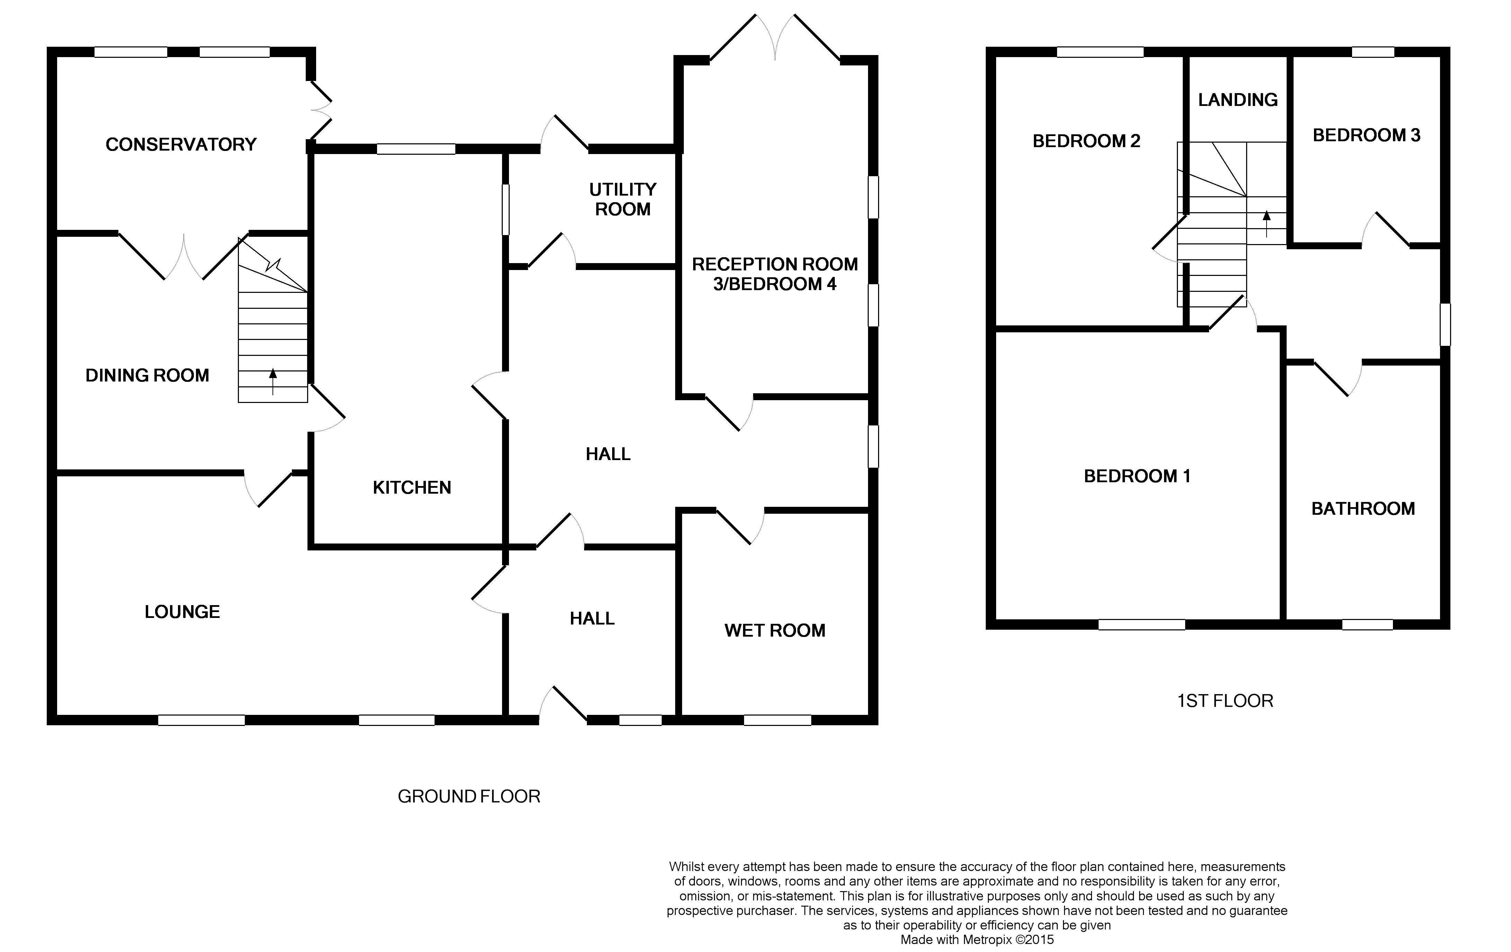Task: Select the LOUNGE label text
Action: pyautogui.click(x=182, y=612)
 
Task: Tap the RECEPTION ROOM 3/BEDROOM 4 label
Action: pyautogui.click(x=775, y=274)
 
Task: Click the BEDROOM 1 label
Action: pyautogui.click(x=1137, y=476)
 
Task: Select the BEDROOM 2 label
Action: pyautogui.click(x=1086, y=141)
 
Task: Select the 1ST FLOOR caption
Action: pyautogui.click(x=1225, y=701)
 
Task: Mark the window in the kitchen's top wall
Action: pyautogui.click(x=416, y=149)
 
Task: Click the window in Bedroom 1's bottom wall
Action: pyautogui.click(x=1142, y=625)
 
